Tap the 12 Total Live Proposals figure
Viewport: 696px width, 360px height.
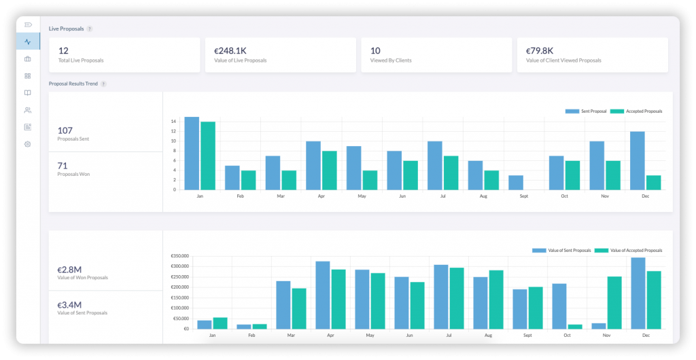(63, 50)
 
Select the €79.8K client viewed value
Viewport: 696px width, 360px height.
(540, 50)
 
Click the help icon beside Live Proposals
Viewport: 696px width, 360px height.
(90, 29)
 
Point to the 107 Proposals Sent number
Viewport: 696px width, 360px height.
(65, 130)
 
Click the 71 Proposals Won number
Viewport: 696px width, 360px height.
(63, 165)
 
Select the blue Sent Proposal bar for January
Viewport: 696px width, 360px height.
(192, 153)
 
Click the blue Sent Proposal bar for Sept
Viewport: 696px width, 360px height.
(516, 182)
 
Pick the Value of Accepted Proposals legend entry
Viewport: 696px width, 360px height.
(628, 251)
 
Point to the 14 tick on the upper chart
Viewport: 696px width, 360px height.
(174, 122)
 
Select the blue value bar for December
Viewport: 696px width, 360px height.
(638, 293)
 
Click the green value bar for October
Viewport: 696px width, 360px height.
(575, 326)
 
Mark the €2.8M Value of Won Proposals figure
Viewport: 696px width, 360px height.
(69, 269)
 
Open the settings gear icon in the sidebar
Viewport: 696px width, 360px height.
(28, 144)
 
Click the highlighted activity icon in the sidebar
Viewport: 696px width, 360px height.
(28, 41)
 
